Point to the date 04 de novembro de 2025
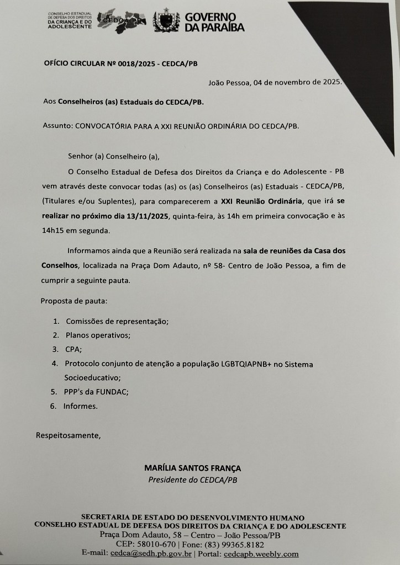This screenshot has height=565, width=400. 297,83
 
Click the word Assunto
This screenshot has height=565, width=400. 57,125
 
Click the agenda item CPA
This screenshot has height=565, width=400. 73,349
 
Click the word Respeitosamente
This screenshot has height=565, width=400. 69,435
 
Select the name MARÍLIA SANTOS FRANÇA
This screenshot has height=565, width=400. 192,468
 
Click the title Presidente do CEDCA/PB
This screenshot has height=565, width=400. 192,480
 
